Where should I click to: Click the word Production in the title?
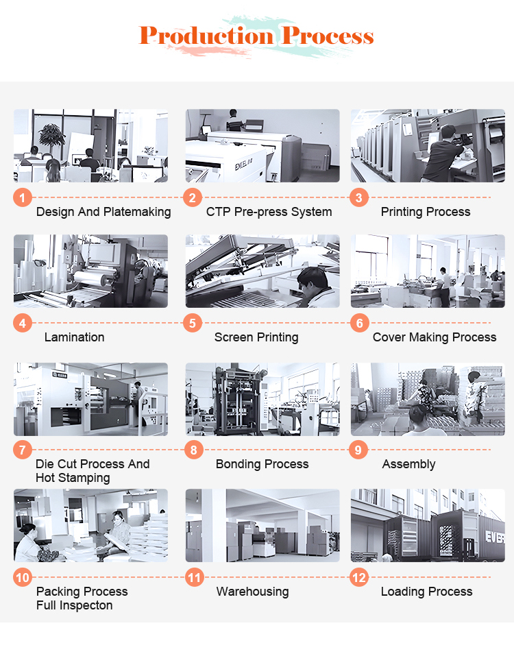[x=207, y=36]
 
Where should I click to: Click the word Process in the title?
[x=327, y=36]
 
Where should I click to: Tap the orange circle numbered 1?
[x=23, y=197]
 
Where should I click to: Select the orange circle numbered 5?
[x=193, y=324]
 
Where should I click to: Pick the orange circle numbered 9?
[x=358, y=450]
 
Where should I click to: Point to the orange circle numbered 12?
[x=359, y=578]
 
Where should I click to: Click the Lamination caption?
[x=74, y=337]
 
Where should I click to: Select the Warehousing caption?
[x=253, y=592]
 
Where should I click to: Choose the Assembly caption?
[x=408, y=464]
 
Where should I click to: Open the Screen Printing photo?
[x=262, y=271]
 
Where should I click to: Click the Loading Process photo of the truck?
[x=428, y=526]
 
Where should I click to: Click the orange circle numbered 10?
[x=23, y=578]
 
